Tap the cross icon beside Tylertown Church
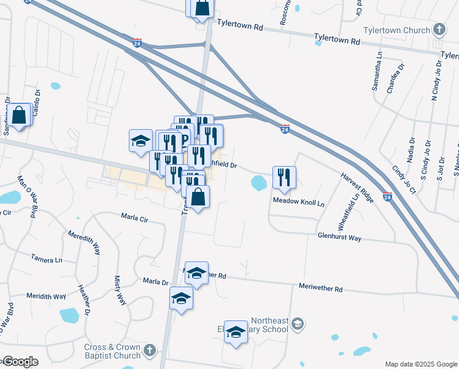click(439, 30)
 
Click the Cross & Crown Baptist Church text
click(112, 351)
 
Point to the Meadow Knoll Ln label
click(298, 201)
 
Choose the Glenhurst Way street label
click(339, 236)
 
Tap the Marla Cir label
click(134, 217)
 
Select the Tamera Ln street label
click(47, 260)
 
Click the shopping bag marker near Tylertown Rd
click(202, 8)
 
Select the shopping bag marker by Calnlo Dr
click(19, 115)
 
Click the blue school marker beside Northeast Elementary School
click(235, 332)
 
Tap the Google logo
click(20, 362)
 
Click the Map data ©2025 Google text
click(420, 364)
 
